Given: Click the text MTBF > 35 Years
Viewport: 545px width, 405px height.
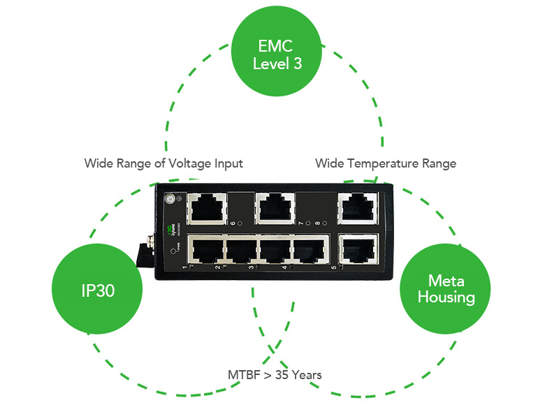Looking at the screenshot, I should click(275, 375).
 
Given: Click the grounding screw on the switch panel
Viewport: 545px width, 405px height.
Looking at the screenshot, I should click(168, 199).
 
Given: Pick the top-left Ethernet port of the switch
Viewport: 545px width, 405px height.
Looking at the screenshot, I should click(208, 207).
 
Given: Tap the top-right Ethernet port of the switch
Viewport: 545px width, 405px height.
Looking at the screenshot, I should click(356, 207).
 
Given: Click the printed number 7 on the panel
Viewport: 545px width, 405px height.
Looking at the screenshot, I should click(300, 223).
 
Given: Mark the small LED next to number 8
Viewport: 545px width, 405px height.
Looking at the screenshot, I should click(325, 224).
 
